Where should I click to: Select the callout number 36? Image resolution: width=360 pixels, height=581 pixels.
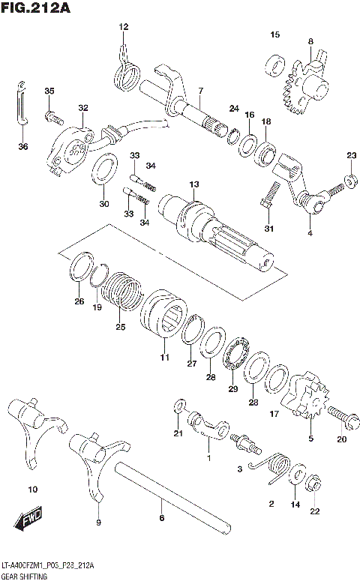click(x=23, y=146)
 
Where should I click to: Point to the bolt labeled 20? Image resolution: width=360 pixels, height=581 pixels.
click(x=337, y=413)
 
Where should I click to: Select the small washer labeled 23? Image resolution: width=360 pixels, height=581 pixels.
click(x=349, y=179)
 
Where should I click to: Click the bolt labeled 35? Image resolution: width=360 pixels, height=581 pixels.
click(x=53, y=115)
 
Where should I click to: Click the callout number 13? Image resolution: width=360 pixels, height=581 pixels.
click(x=194, y=184)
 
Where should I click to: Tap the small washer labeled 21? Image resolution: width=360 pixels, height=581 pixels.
click(x=177, y=409)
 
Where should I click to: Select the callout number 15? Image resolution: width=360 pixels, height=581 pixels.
click(x=275, y=34)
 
